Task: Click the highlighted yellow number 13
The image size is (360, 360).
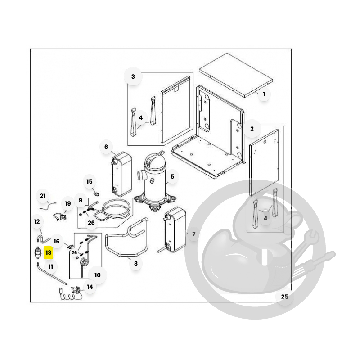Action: pyautogui.click(x=49, y=252)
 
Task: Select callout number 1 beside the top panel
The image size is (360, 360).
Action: pyautogui.click(x=264, y=94)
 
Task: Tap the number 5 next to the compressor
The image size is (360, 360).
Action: pyautogui.click(x=172, y=176)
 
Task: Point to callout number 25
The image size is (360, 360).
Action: pyautogui.click(x=285, y=297)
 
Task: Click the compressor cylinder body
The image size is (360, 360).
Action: pyautogui.click(x=154, y=181)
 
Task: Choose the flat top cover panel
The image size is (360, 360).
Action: pyautogui.click(x=236, y=75)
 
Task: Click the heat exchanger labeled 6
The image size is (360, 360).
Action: pyautogui.click(x=121, y=175)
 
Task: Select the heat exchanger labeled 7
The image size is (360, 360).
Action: pyautogui.click(x=175, y=229)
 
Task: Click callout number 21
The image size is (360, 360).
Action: pyautogui.click(x=43, y=196)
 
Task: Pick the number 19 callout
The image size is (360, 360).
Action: pyautogui.click(x=68, y=203)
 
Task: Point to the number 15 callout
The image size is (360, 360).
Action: pyautogui.click(x=89, y=182)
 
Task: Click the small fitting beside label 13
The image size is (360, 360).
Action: pyautogui.click(x=38, y=252)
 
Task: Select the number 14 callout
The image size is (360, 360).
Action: pyautogui.click(x=90, y=287)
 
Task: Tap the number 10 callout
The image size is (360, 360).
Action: pyautogui.click(x=97, y=275)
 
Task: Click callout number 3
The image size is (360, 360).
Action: pyautogui.click(x=133, y=76)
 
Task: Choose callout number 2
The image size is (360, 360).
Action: pyautogui.click(x=252, y=129)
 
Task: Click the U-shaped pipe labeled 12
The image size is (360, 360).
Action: pyautogui.click(x=43, y=238)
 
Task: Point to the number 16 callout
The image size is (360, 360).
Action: pyautogui.click(x=57, y=241)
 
